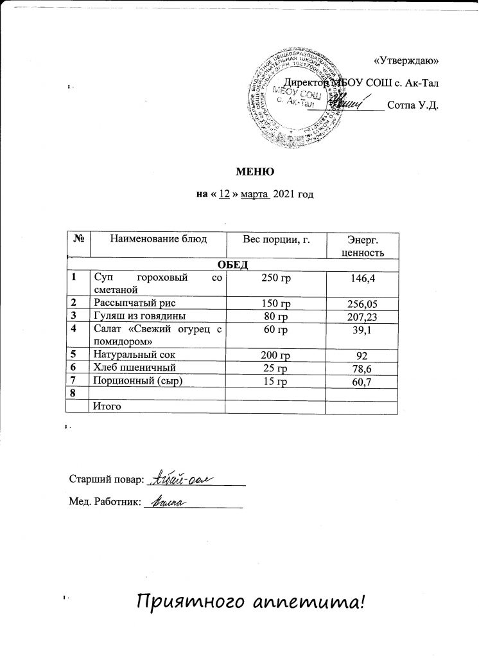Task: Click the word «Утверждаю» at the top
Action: coord(406,60)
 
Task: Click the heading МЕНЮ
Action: coord(256,172)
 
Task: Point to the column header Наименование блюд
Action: coord(159,239)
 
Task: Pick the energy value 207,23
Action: coord(364,316)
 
